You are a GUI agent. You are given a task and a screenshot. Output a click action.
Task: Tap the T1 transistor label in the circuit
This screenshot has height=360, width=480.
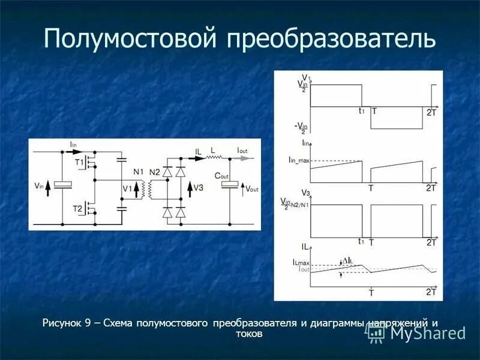pyautogui.click(x=79, y=162)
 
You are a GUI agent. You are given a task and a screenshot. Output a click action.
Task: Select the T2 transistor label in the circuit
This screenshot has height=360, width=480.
pyautogui.click(x=77, y=208)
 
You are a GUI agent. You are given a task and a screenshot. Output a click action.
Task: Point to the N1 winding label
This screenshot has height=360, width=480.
pyautogui.click(x=139, y=172)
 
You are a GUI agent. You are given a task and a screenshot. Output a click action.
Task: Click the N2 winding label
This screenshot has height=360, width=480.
pyautogui.click(x=155, y=172)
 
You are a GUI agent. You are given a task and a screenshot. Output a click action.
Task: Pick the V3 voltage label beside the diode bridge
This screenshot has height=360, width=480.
pyautogui.click(x=199, y=187)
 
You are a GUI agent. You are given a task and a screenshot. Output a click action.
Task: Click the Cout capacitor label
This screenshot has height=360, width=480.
pyautogui.click(x=222, y=176)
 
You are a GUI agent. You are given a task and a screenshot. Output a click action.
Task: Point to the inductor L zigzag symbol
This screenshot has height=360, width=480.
pyautogui.click(x=213, y=157)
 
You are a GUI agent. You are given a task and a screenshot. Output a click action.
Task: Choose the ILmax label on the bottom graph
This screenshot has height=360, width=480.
pyautogui.click(x=301, y=263)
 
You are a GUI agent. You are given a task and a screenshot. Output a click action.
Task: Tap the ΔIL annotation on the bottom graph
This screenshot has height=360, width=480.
pyautogui.click(x=349, y=260)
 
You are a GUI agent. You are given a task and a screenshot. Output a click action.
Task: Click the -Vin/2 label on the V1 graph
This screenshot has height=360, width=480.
pyautogui.click(x=301, y=127)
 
